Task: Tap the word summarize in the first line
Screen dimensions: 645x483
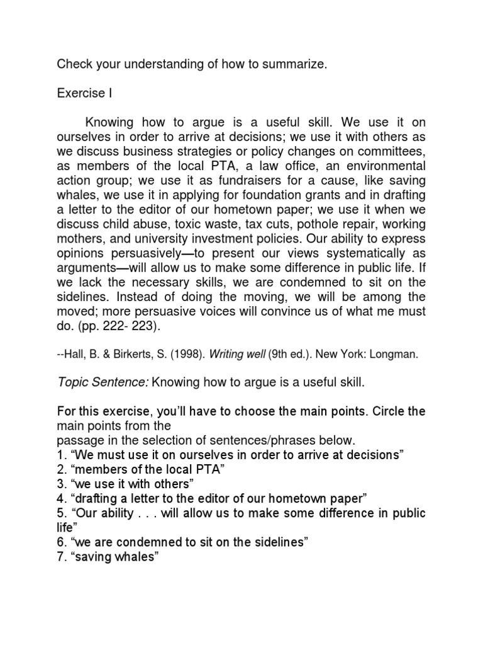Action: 294,64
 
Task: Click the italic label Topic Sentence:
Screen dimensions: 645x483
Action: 103,383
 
